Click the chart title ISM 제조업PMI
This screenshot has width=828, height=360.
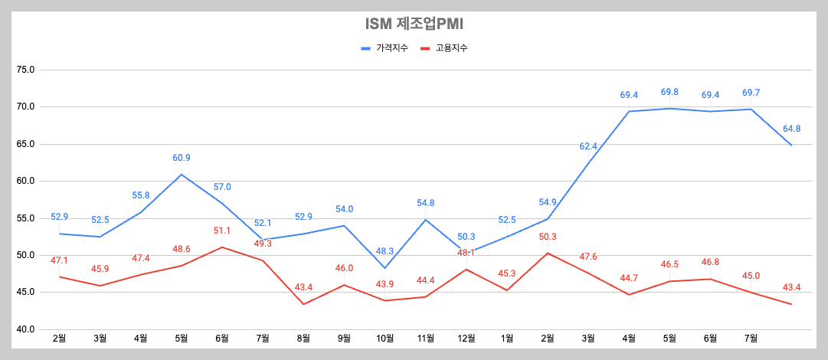click(x=414, y=24)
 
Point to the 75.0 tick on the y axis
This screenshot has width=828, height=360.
click(x=25, y=70)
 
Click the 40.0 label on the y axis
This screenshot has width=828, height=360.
click(x=25, y=329)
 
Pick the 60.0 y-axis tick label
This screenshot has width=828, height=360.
click(x=25, y=182)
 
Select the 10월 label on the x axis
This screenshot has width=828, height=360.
click(x=385, y=339)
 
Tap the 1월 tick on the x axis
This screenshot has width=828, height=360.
click(x=506, y=339)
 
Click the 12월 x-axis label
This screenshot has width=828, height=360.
click(x=466, y=339)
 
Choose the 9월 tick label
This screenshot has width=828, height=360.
click(x=344, y=339)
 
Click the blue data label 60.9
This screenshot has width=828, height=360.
click(x=182, y=158)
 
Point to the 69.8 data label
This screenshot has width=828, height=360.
click(x=669, y=92)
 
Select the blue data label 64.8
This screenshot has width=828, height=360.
click(x=791, y=129)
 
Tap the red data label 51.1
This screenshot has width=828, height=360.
click(x=222, y=231)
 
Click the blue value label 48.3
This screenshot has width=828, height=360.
click(x=385, y=250)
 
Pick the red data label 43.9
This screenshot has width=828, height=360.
click(x=385, y=285)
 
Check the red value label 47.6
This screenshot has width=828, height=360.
click(x=587, y=257)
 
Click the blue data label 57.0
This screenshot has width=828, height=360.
click(x=222, y=187)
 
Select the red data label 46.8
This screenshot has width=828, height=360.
click(x=710, y=263)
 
